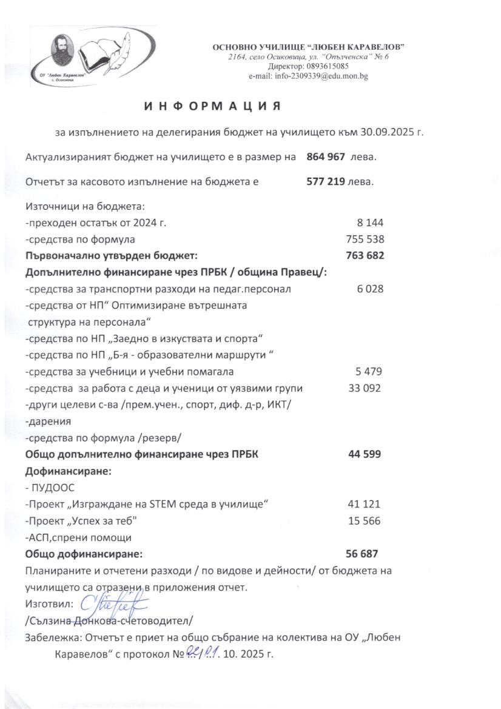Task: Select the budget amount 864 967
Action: (x=326, y=156)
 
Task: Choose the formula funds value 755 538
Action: (x=365, y=239)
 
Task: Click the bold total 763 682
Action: (x=365, y=255)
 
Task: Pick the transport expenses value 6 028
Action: (x=371, y=289)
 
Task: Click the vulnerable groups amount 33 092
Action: (x=365, y=388)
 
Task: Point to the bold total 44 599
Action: (x=365, y=454)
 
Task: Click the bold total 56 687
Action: (x=362, y=553)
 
